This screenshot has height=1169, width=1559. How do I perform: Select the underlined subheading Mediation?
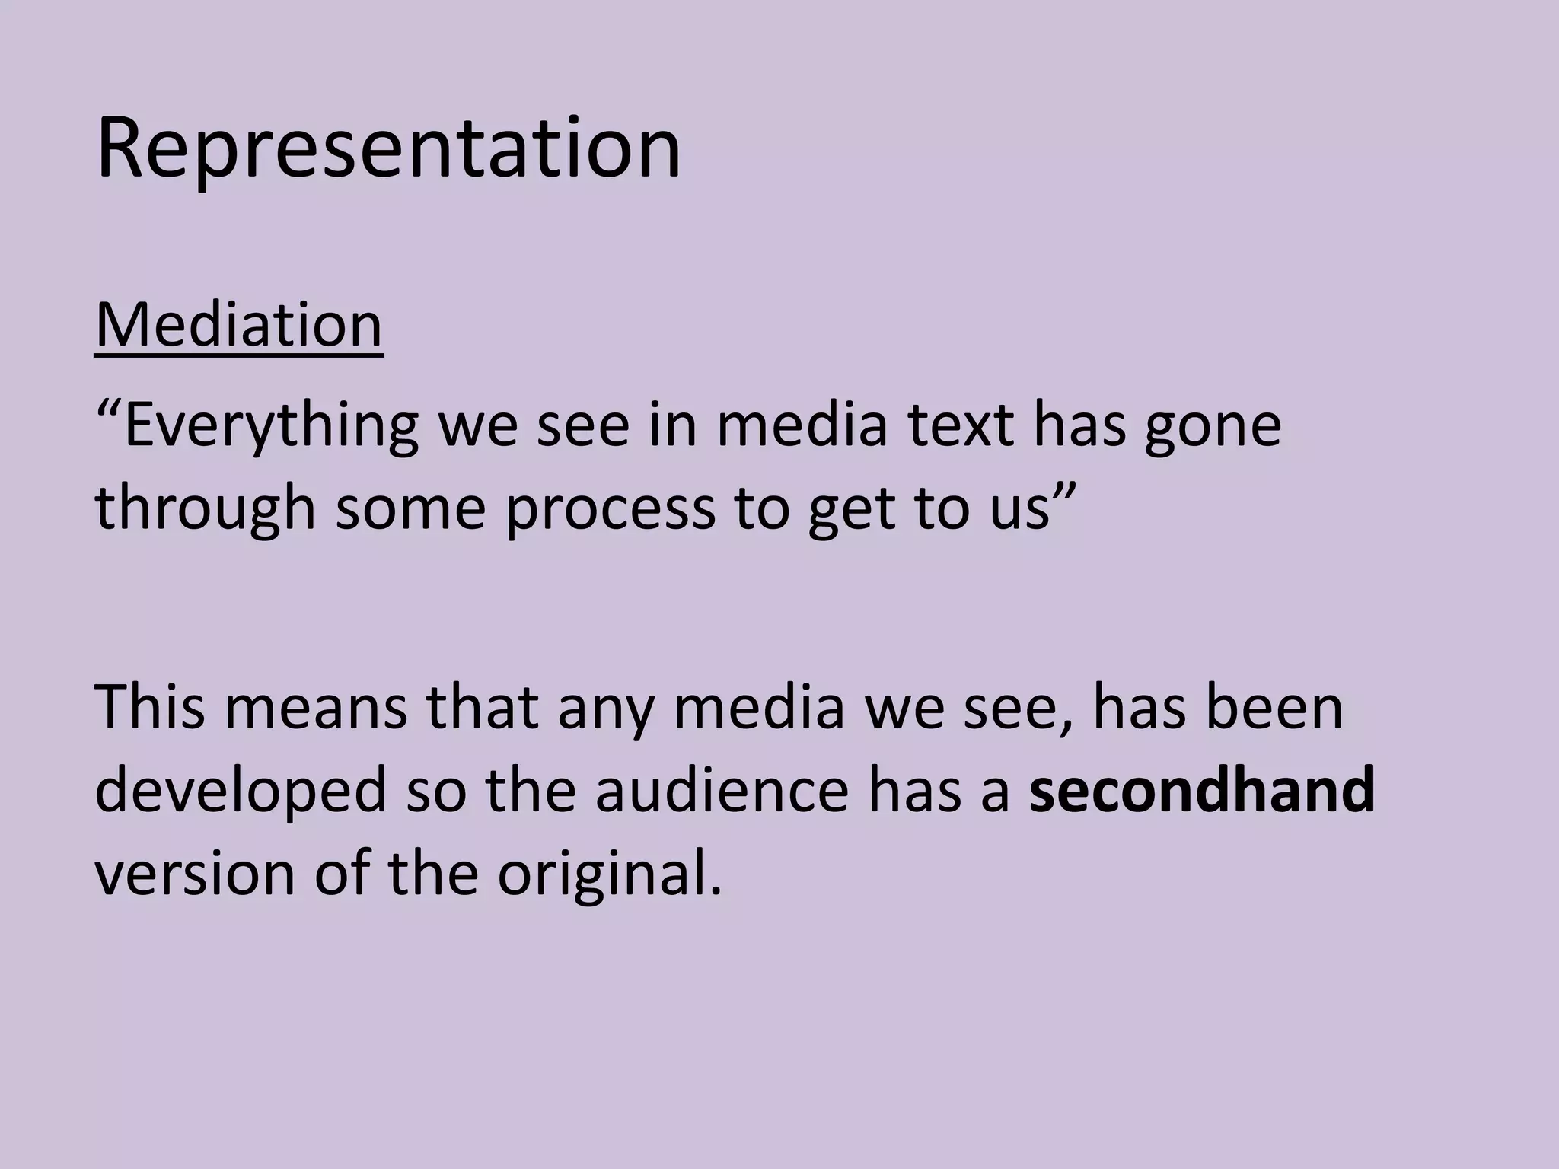(239, 326)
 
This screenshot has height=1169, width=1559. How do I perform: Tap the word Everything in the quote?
(271, 426)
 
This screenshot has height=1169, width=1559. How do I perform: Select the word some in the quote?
(410, 508)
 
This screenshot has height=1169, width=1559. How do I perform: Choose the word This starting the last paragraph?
(151, 707)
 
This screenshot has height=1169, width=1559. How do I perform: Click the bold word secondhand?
(1202, 790)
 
